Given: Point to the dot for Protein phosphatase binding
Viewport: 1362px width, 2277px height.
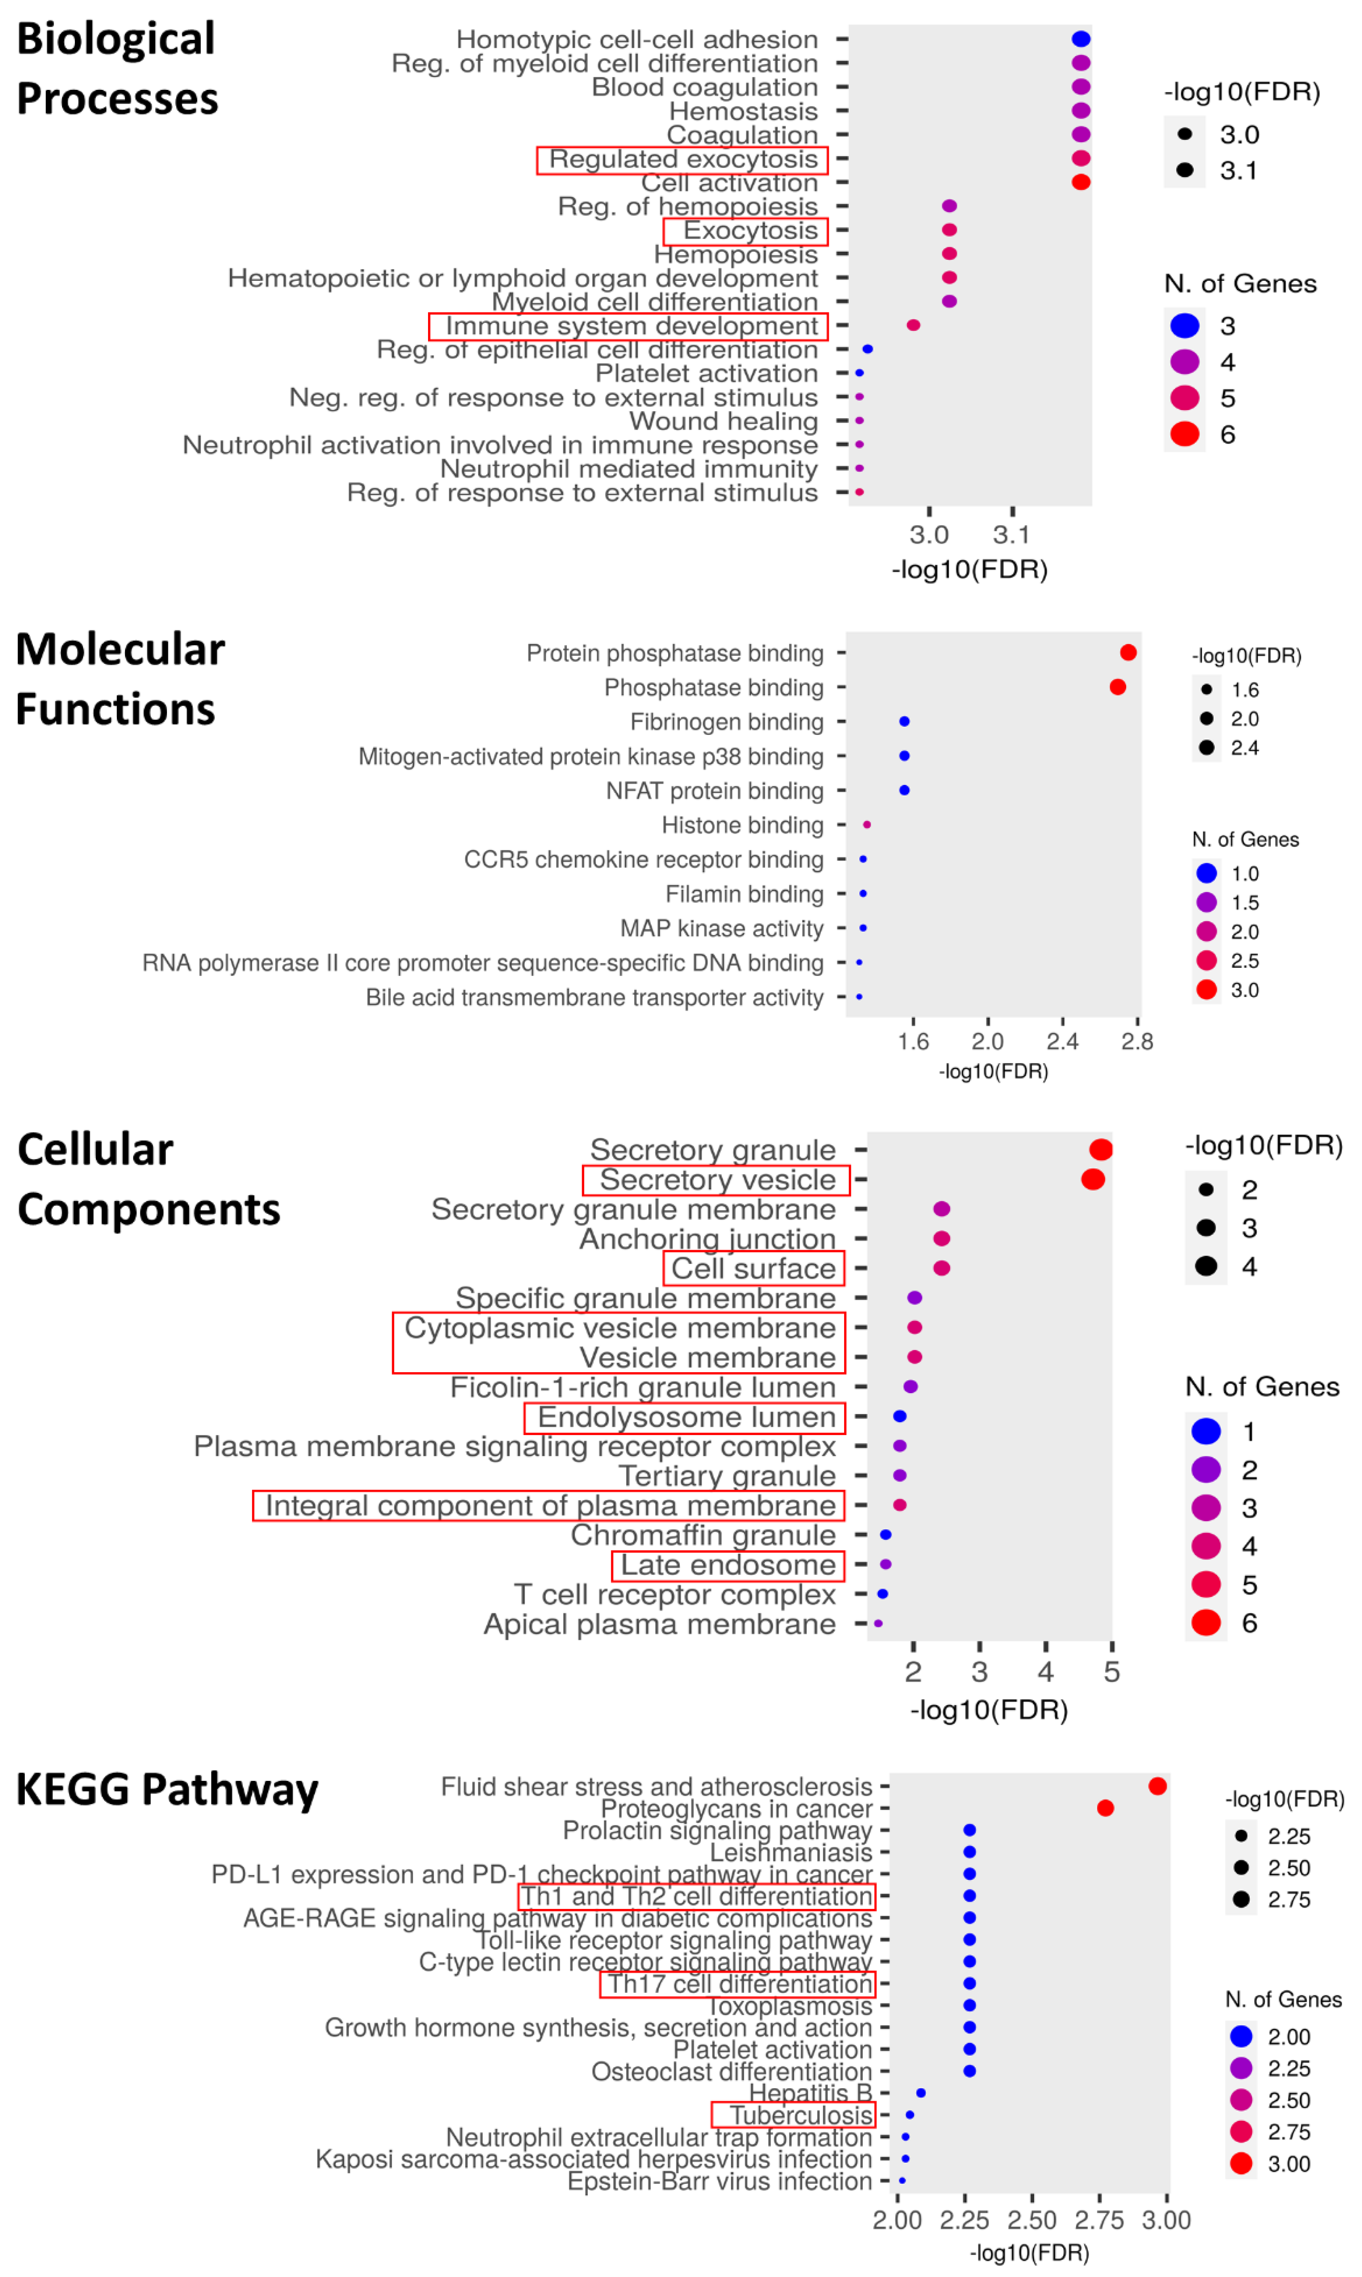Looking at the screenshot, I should coord(1128,653).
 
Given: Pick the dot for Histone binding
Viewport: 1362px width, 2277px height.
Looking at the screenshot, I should coord(866,825).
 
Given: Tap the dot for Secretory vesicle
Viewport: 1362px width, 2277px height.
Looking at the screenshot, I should coord(1092,1179).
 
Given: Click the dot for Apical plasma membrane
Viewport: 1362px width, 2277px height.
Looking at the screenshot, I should coord(878,1623).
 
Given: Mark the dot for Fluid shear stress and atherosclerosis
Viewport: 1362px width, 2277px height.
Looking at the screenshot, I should coord(1157,1786).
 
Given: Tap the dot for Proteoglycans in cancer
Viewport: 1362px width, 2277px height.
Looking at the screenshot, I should coord(1105,1808).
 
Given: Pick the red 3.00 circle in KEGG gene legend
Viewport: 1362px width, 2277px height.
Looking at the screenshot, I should coord(1241,2163).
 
